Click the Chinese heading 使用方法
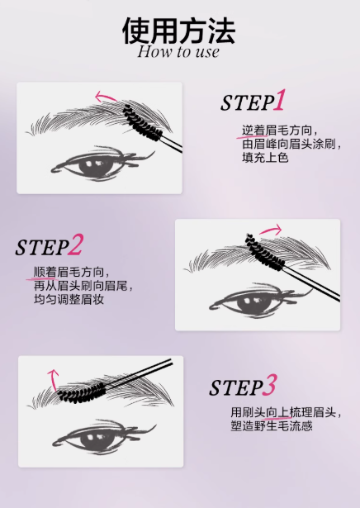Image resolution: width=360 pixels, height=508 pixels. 179,30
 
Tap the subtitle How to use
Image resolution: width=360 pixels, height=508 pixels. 179,52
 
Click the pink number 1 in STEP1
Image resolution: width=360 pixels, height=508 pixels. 280,101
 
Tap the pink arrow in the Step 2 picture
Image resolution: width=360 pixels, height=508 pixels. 269,230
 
